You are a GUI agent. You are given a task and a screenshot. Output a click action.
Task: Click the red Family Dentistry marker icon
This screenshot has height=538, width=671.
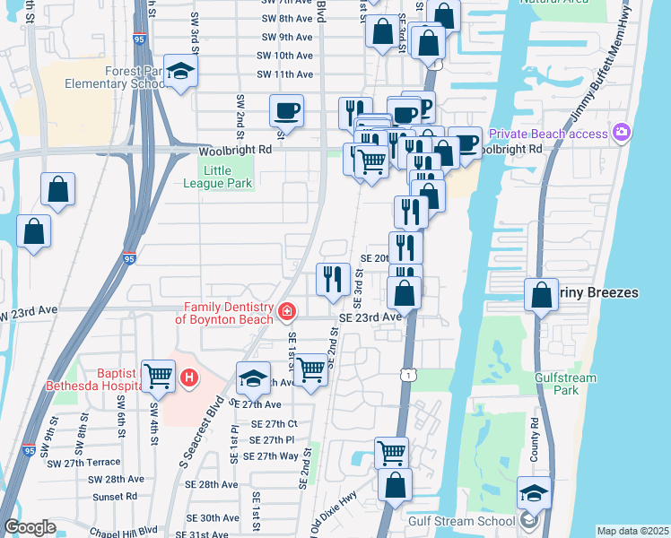(x=286, y=312)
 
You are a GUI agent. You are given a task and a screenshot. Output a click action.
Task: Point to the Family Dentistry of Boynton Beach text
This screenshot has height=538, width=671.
(x=225, y=312)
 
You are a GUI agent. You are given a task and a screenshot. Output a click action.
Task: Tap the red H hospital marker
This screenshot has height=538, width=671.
(x=188, y=377)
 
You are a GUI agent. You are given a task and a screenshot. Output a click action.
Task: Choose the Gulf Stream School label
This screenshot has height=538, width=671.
(x=461, y=521)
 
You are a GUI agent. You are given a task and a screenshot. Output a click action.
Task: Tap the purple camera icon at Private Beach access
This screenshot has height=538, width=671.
(x=622, y=134)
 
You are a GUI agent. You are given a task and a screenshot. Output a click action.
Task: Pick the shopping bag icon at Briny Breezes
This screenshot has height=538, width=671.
(x=542, y=294)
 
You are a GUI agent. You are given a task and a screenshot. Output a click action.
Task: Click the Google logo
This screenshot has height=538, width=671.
(x=29, y=527)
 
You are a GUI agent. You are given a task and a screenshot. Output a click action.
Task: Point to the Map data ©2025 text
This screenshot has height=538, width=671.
(x=632, y=531)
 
